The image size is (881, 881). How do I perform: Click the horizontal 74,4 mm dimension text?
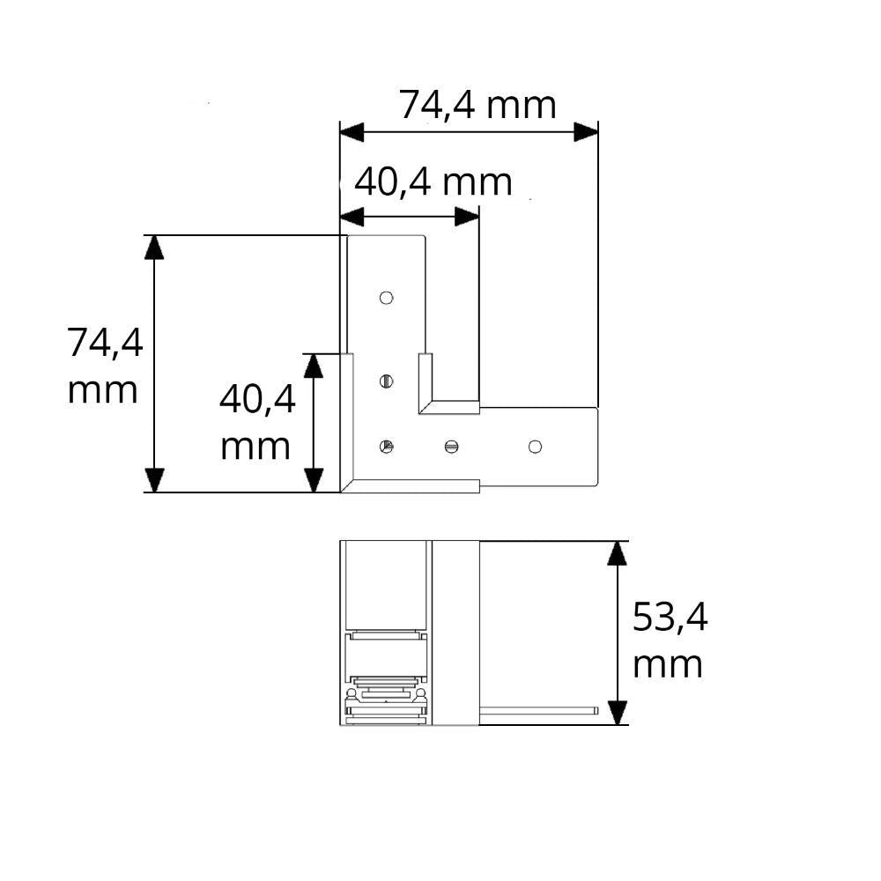[x=478, y=105]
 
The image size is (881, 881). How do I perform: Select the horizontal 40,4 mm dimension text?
[x=433, y=182]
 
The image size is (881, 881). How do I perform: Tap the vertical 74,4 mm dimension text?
[x=105, y=366]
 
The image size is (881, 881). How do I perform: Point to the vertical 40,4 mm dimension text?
[x=257, y=423]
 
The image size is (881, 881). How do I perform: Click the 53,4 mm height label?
[x=670, y=640]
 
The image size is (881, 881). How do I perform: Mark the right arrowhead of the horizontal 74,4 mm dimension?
[x=586, y=132]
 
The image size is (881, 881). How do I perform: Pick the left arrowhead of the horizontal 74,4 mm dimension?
[x=352, y=132]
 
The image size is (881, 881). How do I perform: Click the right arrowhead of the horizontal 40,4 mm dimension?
[x=467, y=217]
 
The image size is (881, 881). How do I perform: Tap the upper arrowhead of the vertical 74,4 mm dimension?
[x=154, y=248]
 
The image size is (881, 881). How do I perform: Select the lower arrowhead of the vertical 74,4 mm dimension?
[x=154, y=480]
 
